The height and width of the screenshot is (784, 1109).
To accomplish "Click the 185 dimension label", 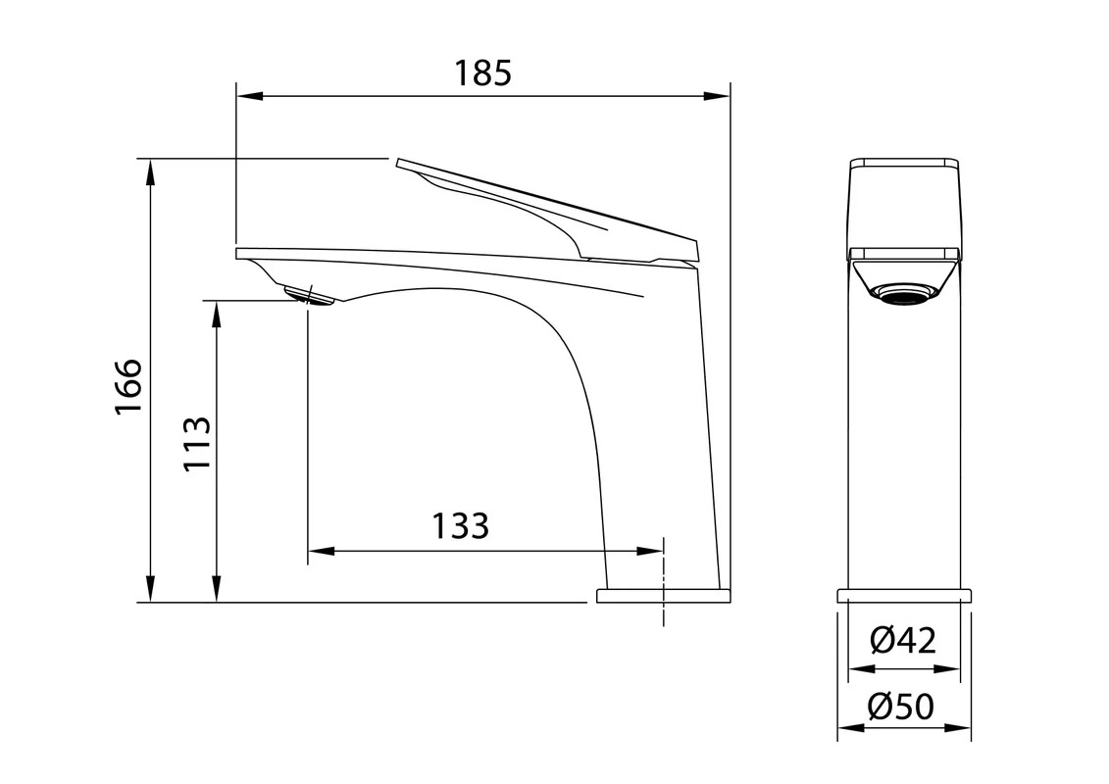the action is (x=482, y=73).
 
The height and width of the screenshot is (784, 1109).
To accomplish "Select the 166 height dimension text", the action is (x=128, y=387).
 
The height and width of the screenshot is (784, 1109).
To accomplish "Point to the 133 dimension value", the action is (x=461, y=526).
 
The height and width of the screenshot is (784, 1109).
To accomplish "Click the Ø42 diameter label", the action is (x=903, y=641).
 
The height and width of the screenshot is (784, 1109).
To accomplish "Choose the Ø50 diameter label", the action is (x=902, y=706).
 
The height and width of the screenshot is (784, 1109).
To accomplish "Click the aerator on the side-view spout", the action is (x=308, y=296).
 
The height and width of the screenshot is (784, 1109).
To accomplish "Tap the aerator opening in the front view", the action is (x=903, y=292).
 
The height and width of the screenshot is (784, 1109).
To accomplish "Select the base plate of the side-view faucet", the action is (x=663, y=595).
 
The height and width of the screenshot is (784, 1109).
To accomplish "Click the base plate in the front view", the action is (x=904, y=595).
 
